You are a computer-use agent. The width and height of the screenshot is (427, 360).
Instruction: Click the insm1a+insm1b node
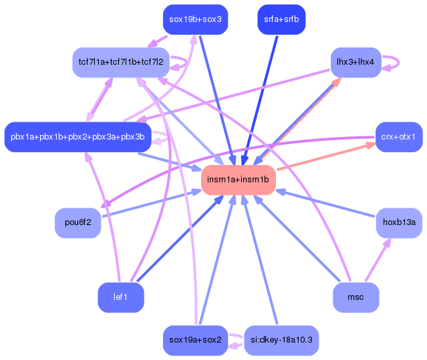coord(238,180)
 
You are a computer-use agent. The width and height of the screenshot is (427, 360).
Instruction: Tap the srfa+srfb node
coord(281,19)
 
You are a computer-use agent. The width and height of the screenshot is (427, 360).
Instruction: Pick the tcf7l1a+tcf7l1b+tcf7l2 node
coord(120,62)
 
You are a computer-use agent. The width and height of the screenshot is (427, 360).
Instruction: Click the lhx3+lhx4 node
coord(355,62)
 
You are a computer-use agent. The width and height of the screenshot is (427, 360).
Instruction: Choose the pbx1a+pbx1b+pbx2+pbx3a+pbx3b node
coord(77,137)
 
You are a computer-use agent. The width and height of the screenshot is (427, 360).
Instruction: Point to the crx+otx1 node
coord(398,137)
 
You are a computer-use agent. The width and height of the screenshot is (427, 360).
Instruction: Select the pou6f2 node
coord(78,222)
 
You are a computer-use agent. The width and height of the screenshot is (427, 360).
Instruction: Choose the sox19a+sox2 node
coord(195,340)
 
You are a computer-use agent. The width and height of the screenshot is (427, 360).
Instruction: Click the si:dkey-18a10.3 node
coord(281,340)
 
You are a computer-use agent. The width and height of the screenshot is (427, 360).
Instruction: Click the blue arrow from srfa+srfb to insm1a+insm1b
coord(263,94)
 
